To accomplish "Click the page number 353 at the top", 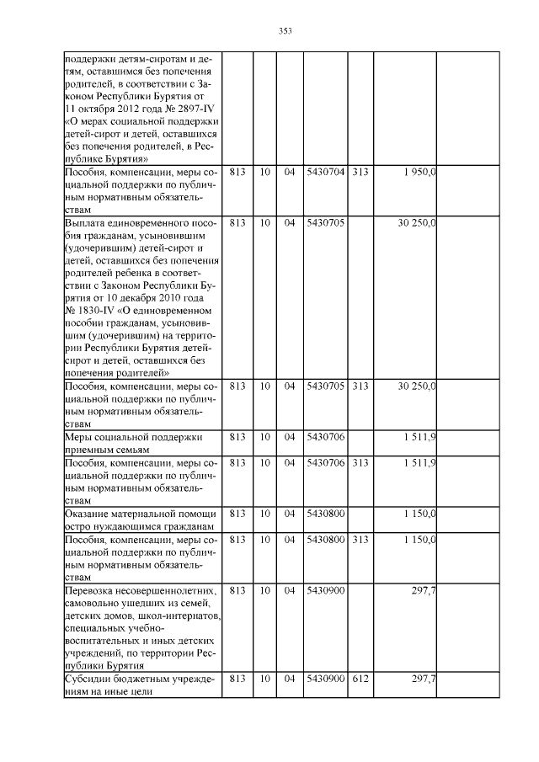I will pyautogui.click(x=286, y=31).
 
